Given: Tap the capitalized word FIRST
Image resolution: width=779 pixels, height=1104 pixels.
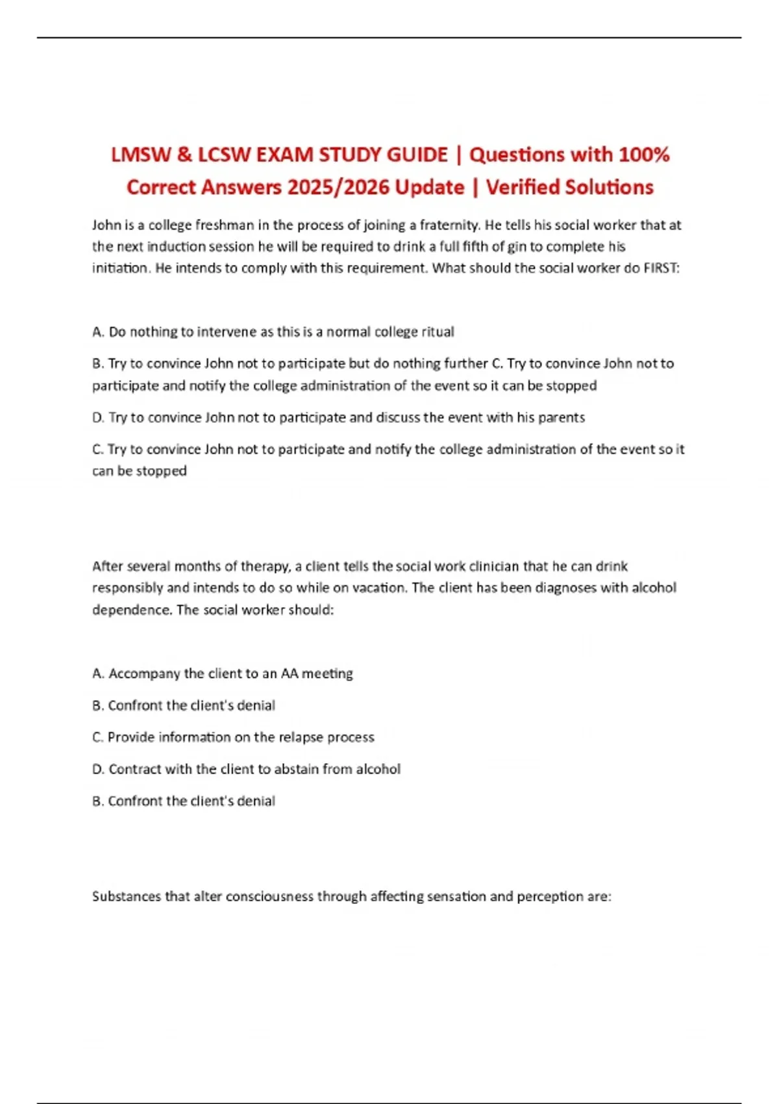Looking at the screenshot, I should click(660, 268).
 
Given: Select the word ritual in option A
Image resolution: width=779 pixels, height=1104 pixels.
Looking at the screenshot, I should click(438, 332).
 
